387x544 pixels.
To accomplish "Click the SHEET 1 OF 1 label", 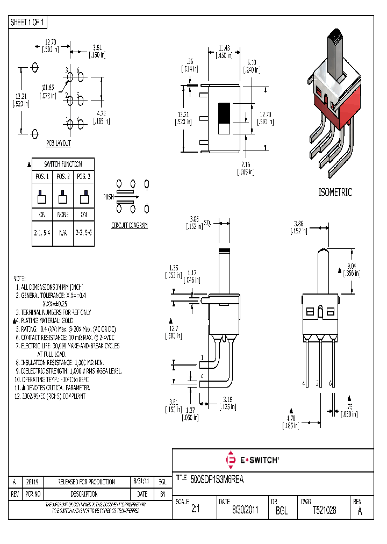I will pos(28,23).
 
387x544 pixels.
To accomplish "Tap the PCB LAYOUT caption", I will pos(58,144).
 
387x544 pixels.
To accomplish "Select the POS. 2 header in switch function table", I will pos(63,177).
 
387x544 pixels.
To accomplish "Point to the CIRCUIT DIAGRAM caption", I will pos(129,225).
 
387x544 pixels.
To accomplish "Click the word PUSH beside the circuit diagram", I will pos(108,197).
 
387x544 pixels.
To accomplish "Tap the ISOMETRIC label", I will pos(335,192).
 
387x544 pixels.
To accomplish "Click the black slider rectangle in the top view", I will pos(224,113).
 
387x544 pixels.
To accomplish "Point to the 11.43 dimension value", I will pos(224,48).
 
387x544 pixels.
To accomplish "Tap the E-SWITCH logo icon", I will pos(232,460).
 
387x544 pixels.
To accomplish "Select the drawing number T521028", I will pos(324,511).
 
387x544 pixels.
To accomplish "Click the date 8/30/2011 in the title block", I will pos(245,511).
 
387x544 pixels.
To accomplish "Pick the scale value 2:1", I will pos(195,511).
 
